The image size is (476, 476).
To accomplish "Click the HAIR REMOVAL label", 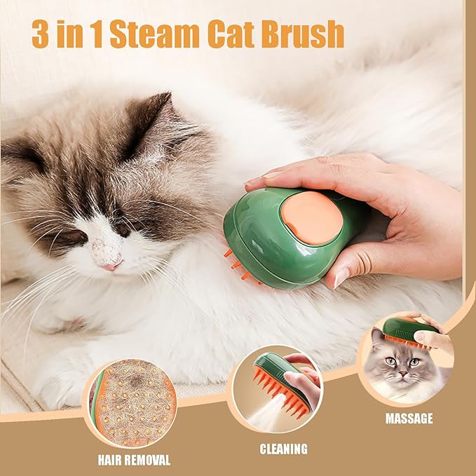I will tap(134, 461).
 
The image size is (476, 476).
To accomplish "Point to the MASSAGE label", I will tap(409, 419).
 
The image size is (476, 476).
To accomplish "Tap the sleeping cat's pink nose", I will tap(109, 266).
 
